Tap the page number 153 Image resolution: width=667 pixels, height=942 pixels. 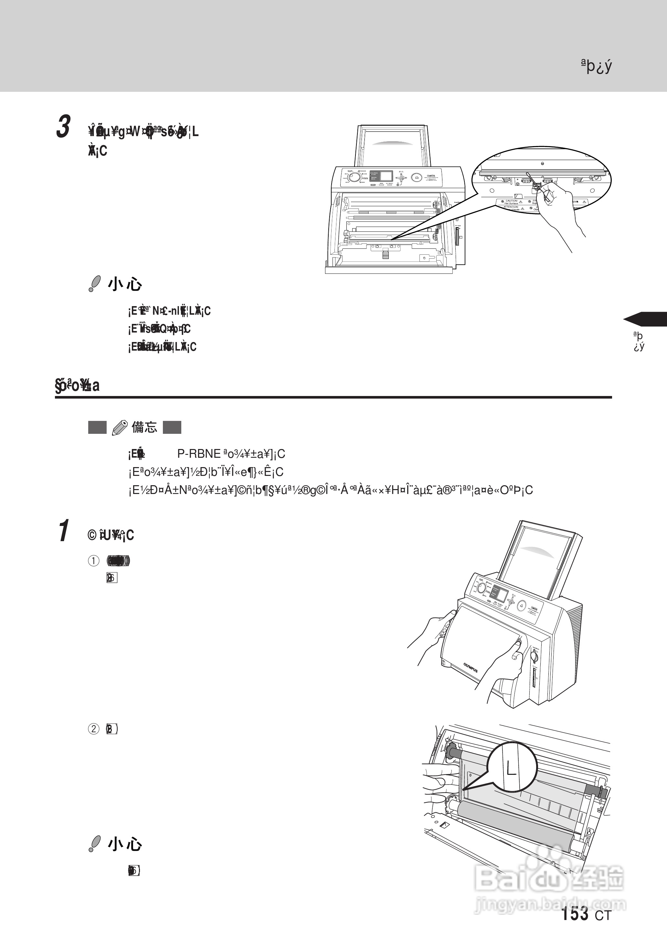pyautogui.click(x=574, y=914)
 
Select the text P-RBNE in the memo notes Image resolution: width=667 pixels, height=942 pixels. pyautogui.click(x=199, y=454)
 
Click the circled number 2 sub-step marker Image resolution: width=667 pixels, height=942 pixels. pyautogui.click(x=93, y=729)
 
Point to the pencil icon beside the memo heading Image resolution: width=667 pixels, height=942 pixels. pyautogui.click(x=120, y=428)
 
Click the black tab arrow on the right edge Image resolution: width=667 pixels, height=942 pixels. pyautogui.click(x=645, y=319)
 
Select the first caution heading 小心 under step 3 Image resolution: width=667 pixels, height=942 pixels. pyautogui.click(x=125, y=284)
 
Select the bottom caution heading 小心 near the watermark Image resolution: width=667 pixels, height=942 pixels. pyautogui.click(x=125, y=844)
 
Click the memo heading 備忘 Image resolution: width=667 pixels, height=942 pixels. pyautogui.click(x=144, y=427)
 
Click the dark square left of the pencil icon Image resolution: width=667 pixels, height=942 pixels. pyautogui.click(x=97, y=428)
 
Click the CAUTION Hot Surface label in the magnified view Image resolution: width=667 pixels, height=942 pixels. pyautogui.click(x=511, y=202)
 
